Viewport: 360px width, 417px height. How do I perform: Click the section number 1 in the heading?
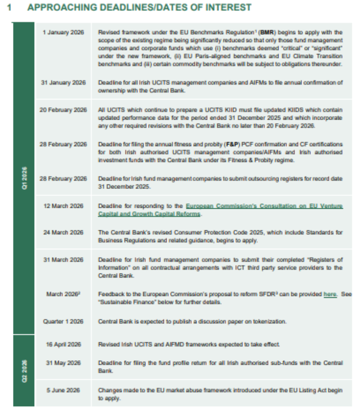point(9,8)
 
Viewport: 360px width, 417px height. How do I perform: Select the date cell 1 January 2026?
point(63,33)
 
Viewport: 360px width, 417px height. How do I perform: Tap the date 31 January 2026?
point(63,83)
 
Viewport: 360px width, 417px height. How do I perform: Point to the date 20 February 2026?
point(63,110)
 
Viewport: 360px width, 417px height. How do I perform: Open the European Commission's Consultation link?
point(265,206)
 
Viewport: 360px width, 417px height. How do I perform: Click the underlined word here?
point(330,294)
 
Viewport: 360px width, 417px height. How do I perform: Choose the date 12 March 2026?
point(63,206)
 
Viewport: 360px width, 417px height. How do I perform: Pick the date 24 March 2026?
point(63,233)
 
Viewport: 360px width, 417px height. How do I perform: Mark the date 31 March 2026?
point(63,260)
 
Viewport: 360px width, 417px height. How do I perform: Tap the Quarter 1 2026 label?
point(63,321)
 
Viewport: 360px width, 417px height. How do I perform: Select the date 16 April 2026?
point(63,345)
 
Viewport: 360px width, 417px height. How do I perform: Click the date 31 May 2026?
point(63,363)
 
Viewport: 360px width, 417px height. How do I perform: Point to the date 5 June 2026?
point(63,390)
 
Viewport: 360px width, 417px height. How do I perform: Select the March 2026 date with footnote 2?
point(63,294)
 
